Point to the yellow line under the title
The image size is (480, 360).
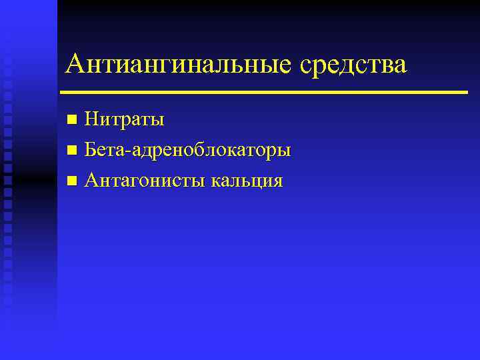point(263,92)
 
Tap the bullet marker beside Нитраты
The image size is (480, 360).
point(72,121)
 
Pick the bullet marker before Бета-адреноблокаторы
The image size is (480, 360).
point(72,151)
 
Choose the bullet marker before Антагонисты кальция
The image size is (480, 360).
point(72,181)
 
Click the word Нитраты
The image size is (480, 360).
point(125,121)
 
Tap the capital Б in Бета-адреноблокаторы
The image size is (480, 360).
point(91,151)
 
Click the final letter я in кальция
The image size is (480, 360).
point(277,182)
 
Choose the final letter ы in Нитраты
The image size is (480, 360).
point(158,122)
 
